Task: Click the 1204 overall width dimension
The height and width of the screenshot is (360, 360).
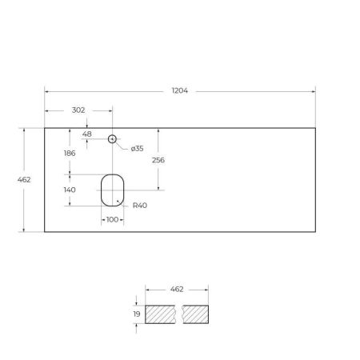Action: [180, 90]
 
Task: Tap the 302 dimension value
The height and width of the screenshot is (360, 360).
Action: [78, 110]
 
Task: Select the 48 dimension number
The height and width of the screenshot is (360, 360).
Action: [87, 134]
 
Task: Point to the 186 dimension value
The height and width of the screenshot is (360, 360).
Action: [71, 152]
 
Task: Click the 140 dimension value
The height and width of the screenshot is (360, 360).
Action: [70, 190]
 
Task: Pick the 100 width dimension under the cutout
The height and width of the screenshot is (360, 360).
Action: [112, 219]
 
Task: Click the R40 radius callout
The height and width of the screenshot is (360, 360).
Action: [141, 205]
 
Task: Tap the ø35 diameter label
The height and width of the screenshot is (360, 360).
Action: [137, 148]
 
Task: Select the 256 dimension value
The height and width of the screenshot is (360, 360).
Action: [158, 160]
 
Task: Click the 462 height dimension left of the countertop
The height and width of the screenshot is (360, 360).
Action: [24, 179]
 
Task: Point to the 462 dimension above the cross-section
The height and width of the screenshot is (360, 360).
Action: [178, 288]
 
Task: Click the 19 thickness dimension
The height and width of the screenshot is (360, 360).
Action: [136, 314]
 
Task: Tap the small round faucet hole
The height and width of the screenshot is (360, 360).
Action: [113, 139]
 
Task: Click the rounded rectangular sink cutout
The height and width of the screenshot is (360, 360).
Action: [112, 190]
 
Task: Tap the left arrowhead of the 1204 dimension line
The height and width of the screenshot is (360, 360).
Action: [46, 90]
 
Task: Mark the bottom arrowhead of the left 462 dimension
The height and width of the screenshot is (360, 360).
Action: [24, 230]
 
